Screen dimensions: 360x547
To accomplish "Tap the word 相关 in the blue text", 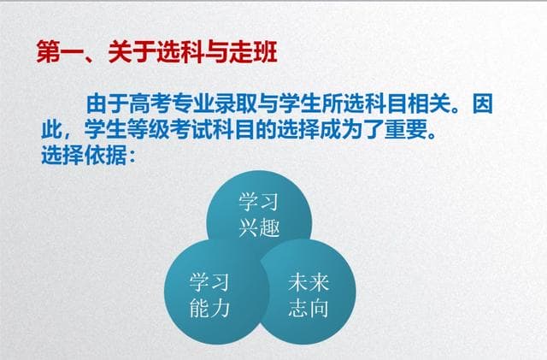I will point(447,106).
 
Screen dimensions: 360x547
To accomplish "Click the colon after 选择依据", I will point(132,156).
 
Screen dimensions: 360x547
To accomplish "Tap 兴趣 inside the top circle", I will point(260,227).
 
